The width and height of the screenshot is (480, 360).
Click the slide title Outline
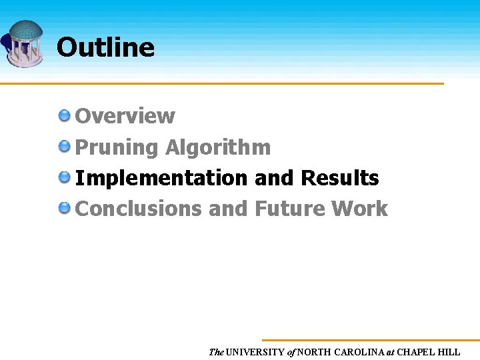pos(105,47)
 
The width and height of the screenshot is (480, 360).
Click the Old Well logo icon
pos(24,43)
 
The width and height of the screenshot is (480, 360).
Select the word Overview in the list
pos(125,116)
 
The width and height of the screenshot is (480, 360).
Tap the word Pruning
pos(117,147)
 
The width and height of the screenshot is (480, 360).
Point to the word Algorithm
pos(218,147)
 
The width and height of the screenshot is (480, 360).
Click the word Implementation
pos(161,179)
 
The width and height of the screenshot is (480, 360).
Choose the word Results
pos(340,179)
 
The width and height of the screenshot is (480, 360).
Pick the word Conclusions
pos(139,209)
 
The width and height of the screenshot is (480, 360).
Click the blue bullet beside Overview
pos(65,115)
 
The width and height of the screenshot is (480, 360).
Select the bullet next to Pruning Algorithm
pos(65,146)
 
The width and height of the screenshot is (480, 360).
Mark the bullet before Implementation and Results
pos(65,177)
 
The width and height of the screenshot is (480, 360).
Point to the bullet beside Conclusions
pos(65,208)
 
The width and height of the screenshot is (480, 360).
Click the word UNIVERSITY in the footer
pos(255,352)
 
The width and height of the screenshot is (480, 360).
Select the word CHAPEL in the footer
pos(417,352)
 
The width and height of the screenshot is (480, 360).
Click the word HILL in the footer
pos(450,352)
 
